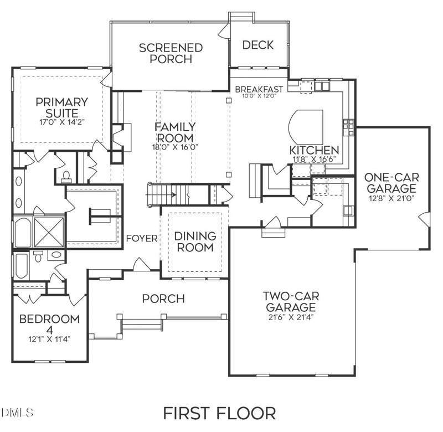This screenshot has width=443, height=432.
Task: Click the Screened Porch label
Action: tap(171, 53)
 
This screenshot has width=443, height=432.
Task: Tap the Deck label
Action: tap(258, 45)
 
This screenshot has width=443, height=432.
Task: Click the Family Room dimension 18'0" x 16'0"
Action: tap(174, 147)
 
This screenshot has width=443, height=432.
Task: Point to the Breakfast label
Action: tap(259, 89)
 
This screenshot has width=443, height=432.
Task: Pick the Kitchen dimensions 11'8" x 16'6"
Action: tap(314, 159)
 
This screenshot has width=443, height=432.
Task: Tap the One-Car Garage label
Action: tap(392, 183)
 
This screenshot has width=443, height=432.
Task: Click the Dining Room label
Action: tap(195, 241)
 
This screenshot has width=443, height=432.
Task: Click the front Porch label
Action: tap(163, 299)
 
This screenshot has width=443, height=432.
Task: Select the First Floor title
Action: tap(219, 413)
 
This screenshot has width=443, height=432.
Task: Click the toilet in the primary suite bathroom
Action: tap(66, 177)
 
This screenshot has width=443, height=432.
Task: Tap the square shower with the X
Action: tap(49, 232)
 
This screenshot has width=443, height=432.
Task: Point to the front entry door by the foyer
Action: tap(140, 265)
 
